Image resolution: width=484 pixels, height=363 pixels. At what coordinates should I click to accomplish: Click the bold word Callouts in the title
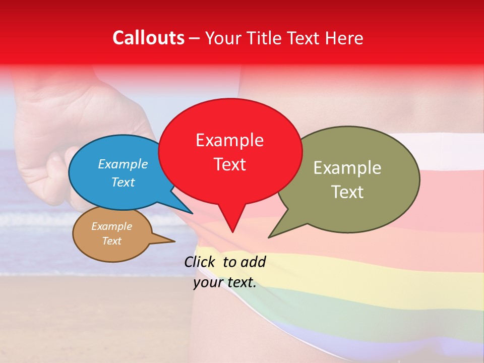tap(148, 38)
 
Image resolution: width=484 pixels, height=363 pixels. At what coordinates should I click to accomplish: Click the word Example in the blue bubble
tap(123, 164)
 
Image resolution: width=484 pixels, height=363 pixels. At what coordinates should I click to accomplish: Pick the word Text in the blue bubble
tap(123, 182)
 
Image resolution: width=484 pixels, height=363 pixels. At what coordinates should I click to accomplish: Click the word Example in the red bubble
tap(229, 140)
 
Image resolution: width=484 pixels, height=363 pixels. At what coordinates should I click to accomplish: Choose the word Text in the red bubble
tap(229, 164)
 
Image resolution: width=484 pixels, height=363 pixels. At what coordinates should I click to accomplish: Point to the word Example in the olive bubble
tap(347, 168)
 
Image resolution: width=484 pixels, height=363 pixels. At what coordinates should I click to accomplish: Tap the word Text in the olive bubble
tap(347, 192)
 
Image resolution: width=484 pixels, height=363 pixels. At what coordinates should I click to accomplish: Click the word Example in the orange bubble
tap(111, 226)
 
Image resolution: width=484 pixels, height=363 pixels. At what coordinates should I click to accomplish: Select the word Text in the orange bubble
tap(111, 241)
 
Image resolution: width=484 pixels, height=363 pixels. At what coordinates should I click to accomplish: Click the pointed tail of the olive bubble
tap(271, 235)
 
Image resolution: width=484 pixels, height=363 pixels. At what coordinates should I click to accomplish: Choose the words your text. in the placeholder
tap(225, 282)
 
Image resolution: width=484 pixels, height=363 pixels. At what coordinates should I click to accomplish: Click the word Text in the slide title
tap(305, 38)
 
